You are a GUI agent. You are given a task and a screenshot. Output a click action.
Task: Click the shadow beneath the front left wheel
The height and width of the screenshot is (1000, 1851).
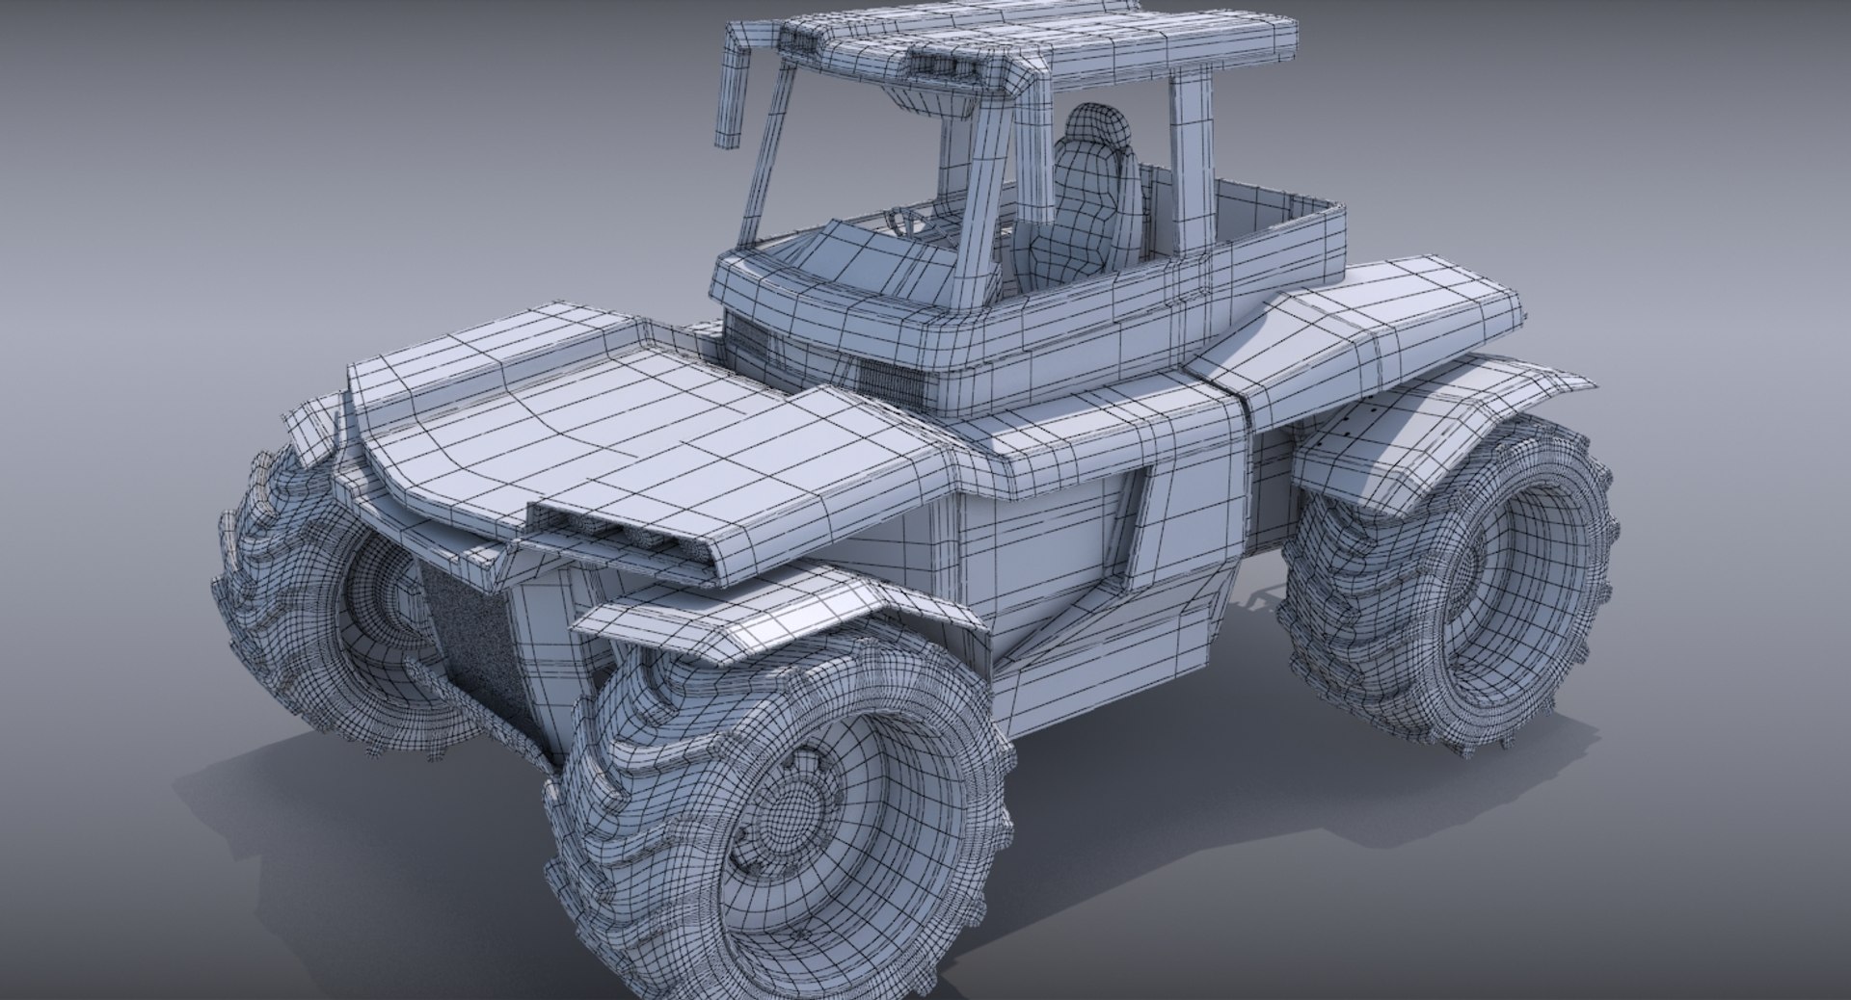tap(289, 761)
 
